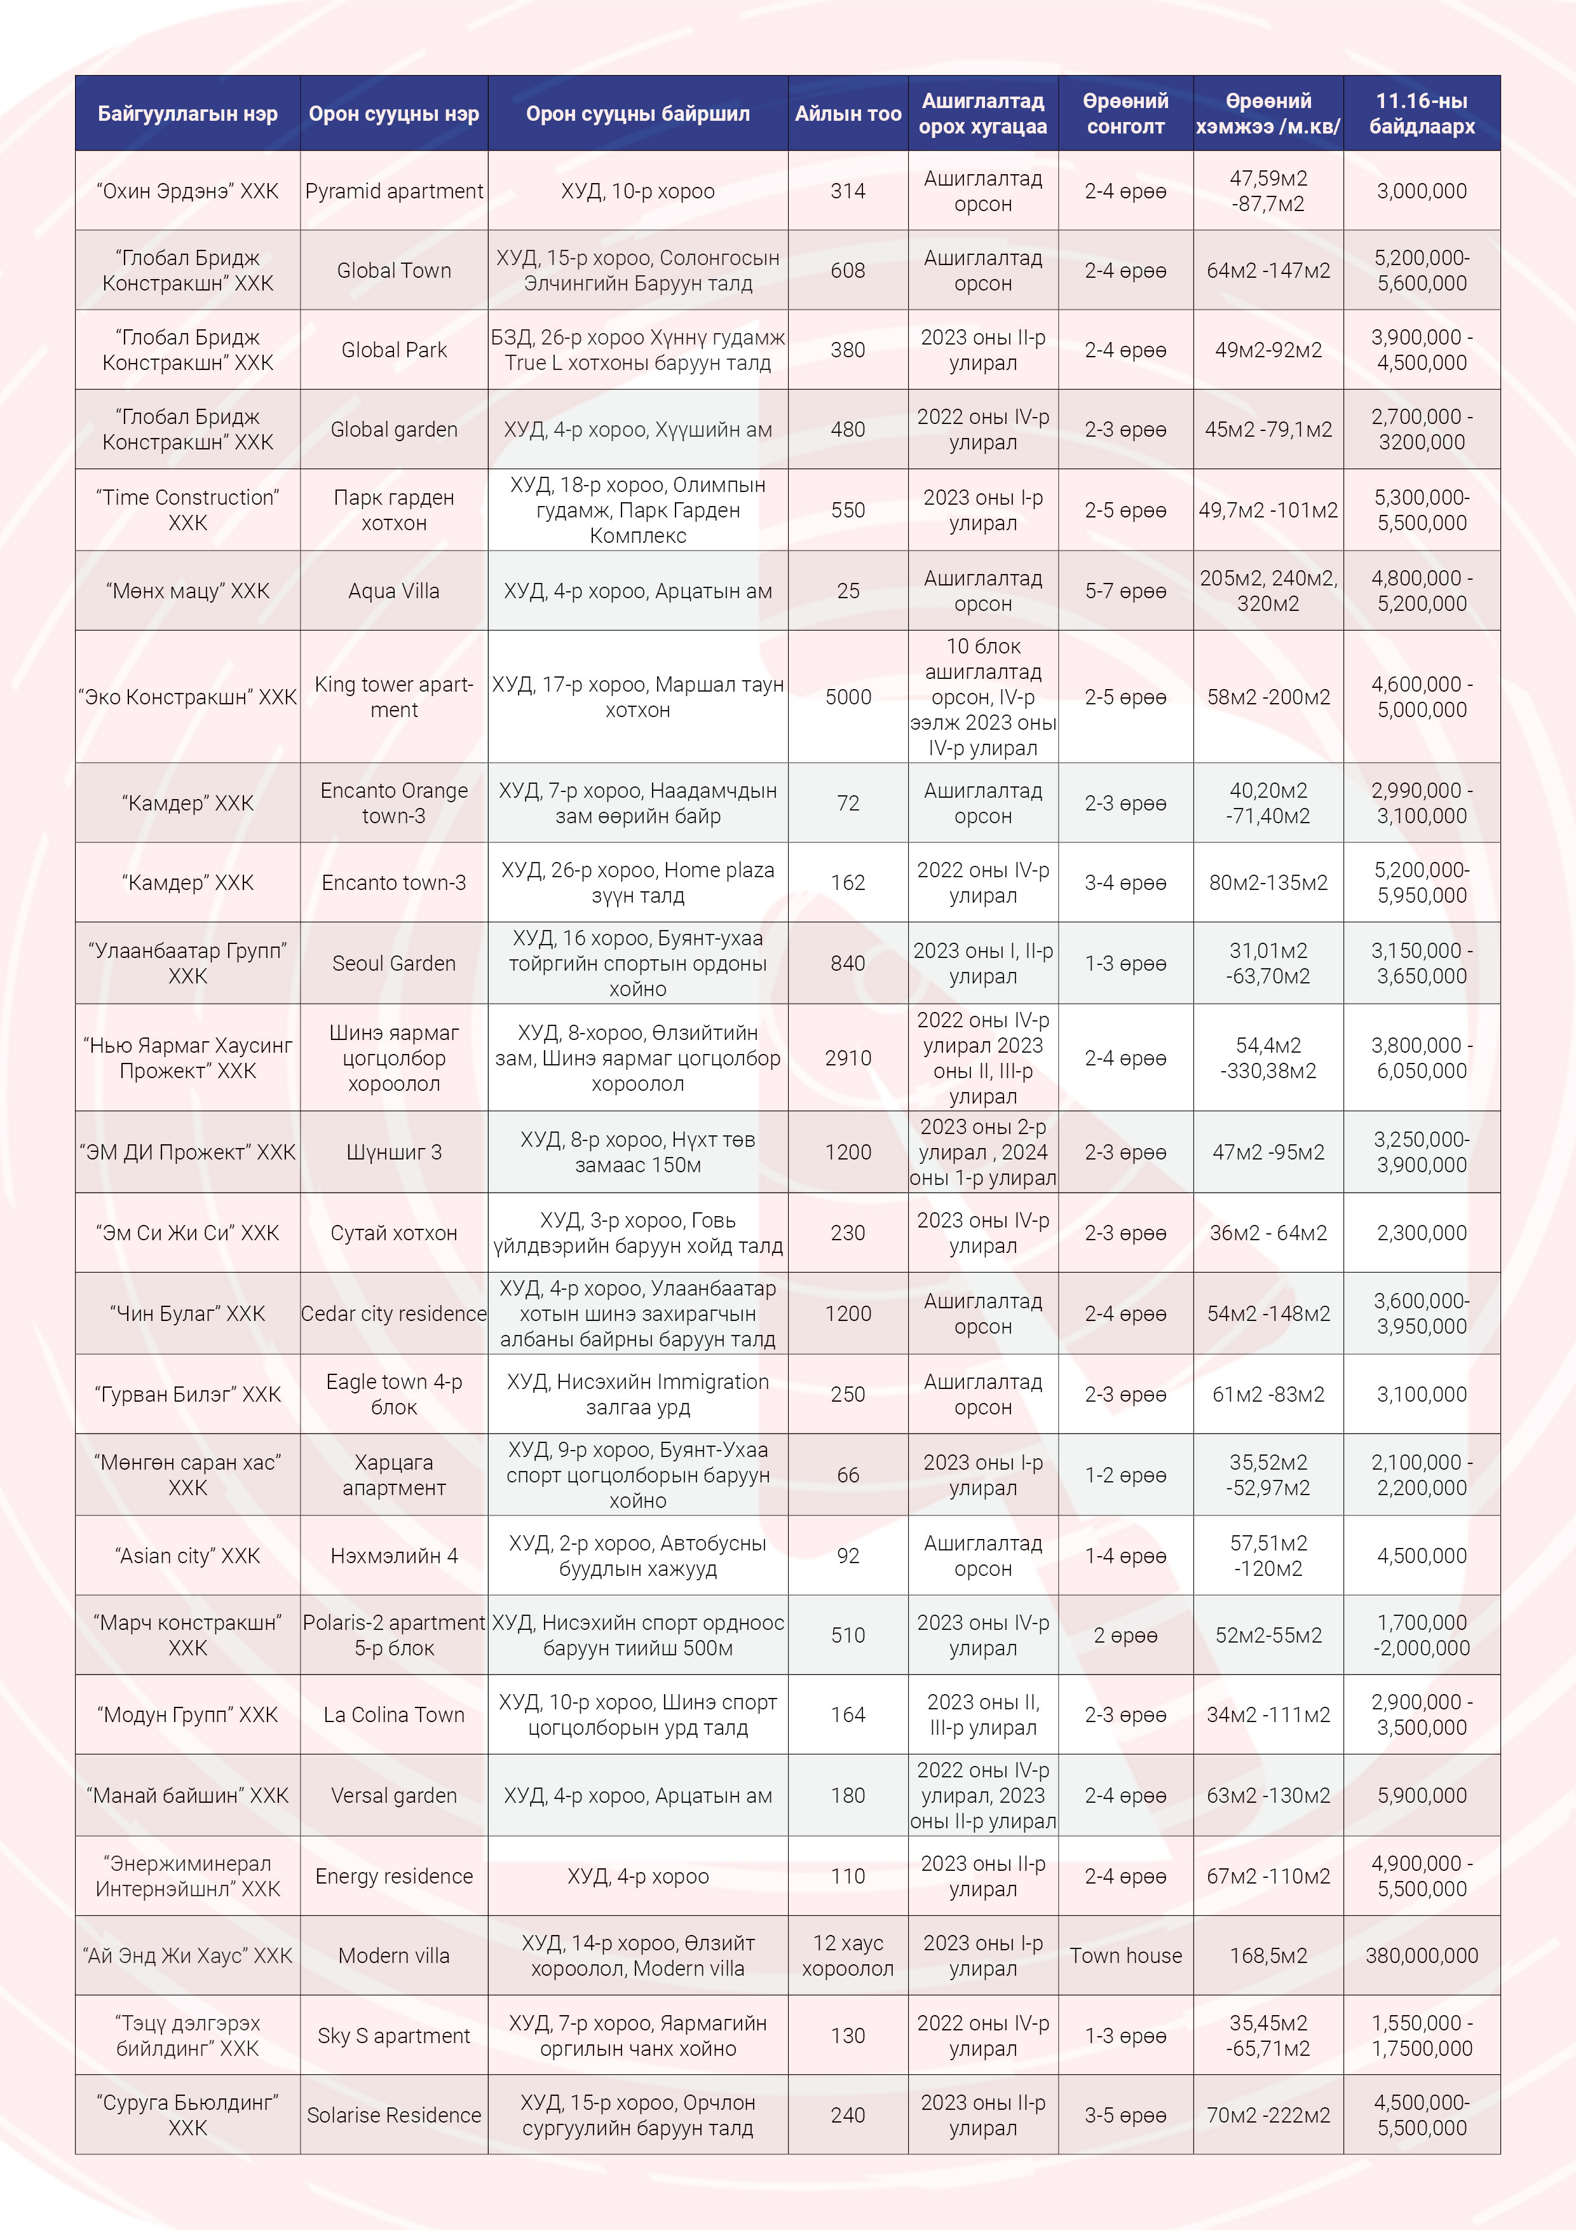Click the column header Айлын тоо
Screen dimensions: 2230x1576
pos(848,114)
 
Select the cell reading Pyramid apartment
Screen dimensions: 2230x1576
pos(393,191)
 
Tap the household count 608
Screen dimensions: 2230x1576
pos(848,271)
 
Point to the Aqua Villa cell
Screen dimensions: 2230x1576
pos(393,591)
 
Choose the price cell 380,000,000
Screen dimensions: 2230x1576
pos(1421,1955)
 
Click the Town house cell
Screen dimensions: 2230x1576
pos(1125,1955)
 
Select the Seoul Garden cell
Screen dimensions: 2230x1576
pos(393,964)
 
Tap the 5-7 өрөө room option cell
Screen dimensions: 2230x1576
pos(1125,591)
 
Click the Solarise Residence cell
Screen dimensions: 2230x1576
pos(393,2114)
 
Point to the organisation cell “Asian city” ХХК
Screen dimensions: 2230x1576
pos(187,1556)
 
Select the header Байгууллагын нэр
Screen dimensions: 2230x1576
pos(187,114)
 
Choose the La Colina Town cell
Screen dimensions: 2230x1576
pos(393,1715)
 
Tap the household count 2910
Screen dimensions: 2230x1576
pos(848,1058)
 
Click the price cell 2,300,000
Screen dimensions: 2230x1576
pos(1421,1233)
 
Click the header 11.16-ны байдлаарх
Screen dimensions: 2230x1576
pos(1421,114)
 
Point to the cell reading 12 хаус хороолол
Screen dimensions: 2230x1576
pos(848,1955)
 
